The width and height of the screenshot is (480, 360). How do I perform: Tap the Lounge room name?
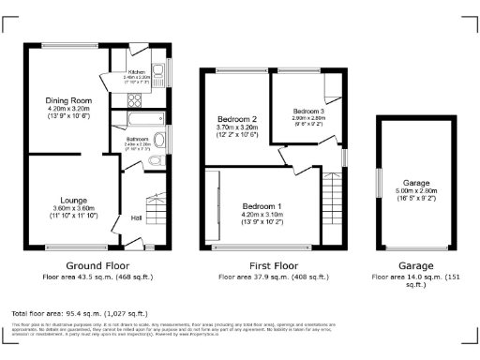(x=74, y=200)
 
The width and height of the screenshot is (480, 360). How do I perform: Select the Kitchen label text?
(x=137, y=71)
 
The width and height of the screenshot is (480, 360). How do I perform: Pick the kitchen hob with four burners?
(x=133, y=102)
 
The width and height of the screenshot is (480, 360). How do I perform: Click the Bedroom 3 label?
(x=306, y=111)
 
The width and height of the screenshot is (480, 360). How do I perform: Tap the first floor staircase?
(x=331, y=206)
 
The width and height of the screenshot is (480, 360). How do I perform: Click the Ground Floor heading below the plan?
(x=97, y=266)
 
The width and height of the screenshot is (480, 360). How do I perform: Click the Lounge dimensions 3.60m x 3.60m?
(x=74, y=208)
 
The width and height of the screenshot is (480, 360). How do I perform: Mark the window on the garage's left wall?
(x=379, y=177)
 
